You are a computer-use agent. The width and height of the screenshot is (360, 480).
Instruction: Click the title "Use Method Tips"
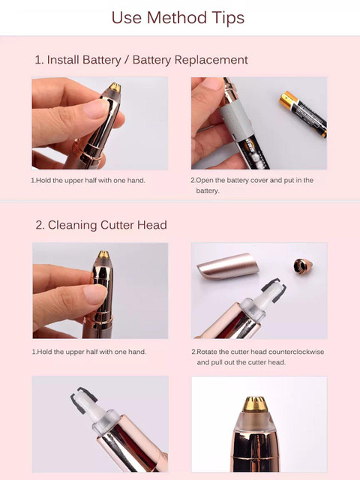pos(178,18)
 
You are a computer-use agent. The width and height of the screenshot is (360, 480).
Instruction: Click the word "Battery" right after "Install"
pos(102,60)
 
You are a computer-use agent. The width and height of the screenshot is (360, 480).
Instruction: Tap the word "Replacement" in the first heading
pos(211,60)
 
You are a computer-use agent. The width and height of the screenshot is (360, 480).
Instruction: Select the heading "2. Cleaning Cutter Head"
pos(101,225)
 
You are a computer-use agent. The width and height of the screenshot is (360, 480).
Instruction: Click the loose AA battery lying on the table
pos(303,113)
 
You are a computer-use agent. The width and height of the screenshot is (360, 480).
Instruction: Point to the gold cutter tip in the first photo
pos(115,87)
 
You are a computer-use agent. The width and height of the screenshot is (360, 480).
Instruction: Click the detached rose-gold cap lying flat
pos(228,265)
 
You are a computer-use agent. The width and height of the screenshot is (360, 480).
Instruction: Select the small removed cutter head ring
pos(303,266)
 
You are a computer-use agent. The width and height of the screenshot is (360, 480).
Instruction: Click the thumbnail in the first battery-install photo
pos(97,108)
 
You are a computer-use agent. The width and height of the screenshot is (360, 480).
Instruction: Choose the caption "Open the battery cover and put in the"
pos(252,180)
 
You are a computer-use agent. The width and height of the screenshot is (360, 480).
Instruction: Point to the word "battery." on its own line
pos(208,190)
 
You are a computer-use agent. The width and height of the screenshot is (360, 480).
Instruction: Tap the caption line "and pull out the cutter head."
pos(241,362)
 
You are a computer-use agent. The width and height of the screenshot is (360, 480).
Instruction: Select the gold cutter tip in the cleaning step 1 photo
pos(103,255)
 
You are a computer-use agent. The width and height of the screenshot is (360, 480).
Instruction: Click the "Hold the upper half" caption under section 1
pos(88,181)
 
